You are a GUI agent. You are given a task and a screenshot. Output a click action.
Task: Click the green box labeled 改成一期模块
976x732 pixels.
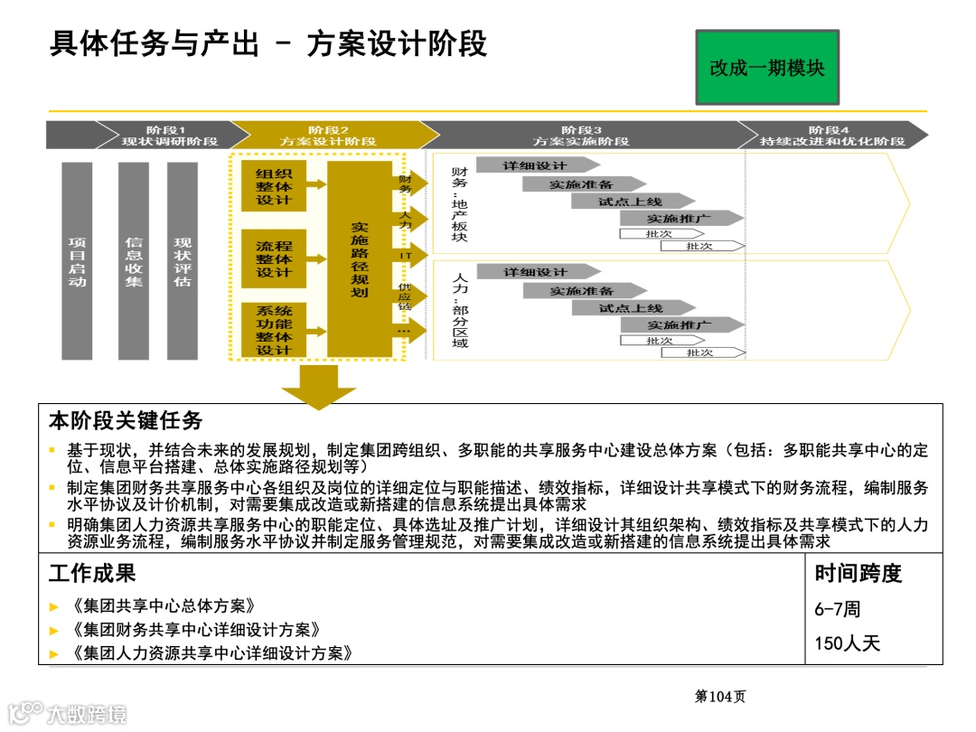767,68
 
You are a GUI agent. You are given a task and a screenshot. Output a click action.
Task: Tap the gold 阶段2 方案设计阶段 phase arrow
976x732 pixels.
330,136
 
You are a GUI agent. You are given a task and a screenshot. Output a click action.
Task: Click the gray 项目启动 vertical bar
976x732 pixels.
77,260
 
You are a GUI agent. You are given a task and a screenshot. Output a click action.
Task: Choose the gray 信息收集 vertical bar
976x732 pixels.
133,260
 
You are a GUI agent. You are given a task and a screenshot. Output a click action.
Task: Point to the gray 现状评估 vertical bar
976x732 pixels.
183,260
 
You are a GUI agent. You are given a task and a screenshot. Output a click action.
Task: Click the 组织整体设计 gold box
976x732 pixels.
274,187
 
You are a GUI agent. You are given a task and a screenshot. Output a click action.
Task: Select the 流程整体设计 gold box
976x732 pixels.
274,258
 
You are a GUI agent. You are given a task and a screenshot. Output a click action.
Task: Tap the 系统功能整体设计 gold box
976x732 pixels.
274,330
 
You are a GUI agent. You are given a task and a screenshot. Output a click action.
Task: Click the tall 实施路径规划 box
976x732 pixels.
359,259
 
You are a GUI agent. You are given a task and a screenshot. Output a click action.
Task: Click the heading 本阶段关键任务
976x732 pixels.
126,421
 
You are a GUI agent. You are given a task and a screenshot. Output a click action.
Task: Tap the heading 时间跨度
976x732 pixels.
858,573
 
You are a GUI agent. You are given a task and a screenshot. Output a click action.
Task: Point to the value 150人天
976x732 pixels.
847,643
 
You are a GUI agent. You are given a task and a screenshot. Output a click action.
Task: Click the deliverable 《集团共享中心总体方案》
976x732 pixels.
161,606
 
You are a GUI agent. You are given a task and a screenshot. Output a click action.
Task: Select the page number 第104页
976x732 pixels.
719,696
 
